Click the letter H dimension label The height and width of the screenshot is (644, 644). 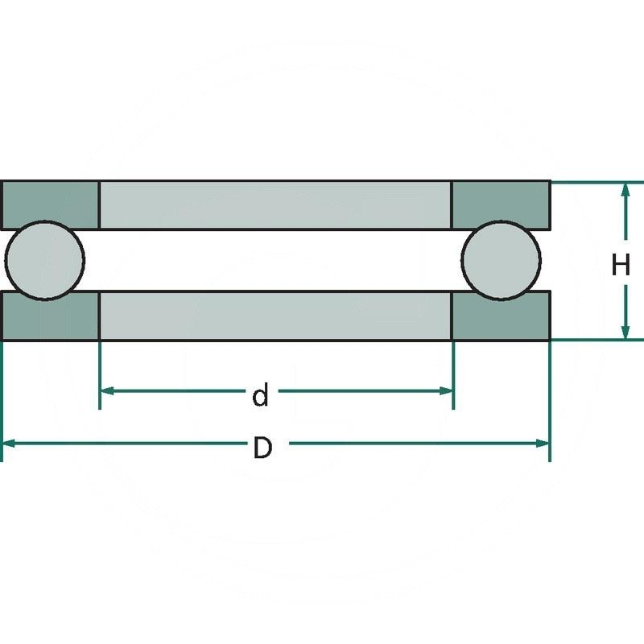[620, 264]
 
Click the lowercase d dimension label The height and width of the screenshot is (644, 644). [260, 396]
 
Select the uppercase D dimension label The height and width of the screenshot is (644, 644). [262, 448]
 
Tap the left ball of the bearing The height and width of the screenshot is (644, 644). [44, 258]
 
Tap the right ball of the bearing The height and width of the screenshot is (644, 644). [501, 258]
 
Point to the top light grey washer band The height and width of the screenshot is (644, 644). [275, 204]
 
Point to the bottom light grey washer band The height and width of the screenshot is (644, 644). [275, 316]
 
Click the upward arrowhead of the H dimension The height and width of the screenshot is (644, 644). [625, 190]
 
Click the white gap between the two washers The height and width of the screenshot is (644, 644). [275, 260]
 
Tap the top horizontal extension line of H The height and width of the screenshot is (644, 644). [596, 181]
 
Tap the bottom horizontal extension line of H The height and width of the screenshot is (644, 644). [596, 340]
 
